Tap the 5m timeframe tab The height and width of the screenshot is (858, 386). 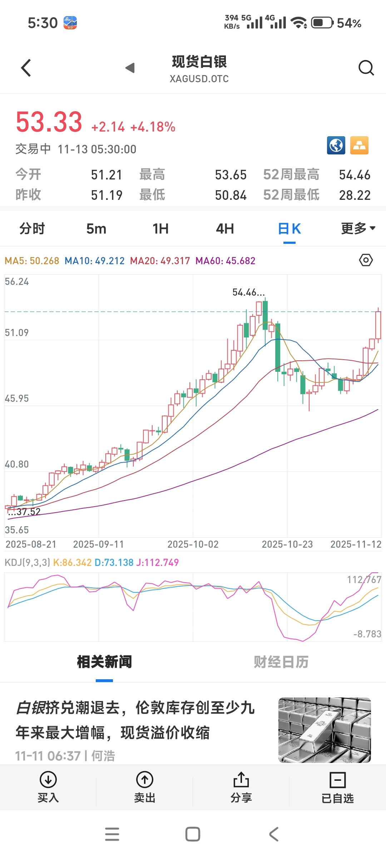[x=96, y=229]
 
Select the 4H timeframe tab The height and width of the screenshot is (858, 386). [x=225, y=229]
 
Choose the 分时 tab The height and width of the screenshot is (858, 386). [x=32, y=229]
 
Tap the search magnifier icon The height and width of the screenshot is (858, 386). [x=366, y=68]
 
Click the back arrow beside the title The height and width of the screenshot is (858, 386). [x=26, y=68]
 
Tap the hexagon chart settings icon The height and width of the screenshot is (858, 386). [x=366, y=260]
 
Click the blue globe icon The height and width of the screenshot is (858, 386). [x=336, y=146]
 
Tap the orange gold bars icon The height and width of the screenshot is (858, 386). [x=359, y=146]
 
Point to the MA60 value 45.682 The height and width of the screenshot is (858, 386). [x=240, y=261]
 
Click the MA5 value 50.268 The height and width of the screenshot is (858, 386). [x=44, y=261]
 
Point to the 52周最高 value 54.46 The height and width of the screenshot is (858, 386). [x=355, y=175]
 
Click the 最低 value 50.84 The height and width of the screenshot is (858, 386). [x=231, y=195]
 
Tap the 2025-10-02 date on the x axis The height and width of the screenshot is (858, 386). [x=193, y=544]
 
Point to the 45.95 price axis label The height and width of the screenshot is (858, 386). [x=17, y=398]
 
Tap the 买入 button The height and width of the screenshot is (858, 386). [x=48, y=787]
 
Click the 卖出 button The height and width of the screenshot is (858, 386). [x=145, y=787]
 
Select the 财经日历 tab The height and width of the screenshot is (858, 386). [x=281, y=662]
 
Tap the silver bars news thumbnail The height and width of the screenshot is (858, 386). [x=325, y=730]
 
